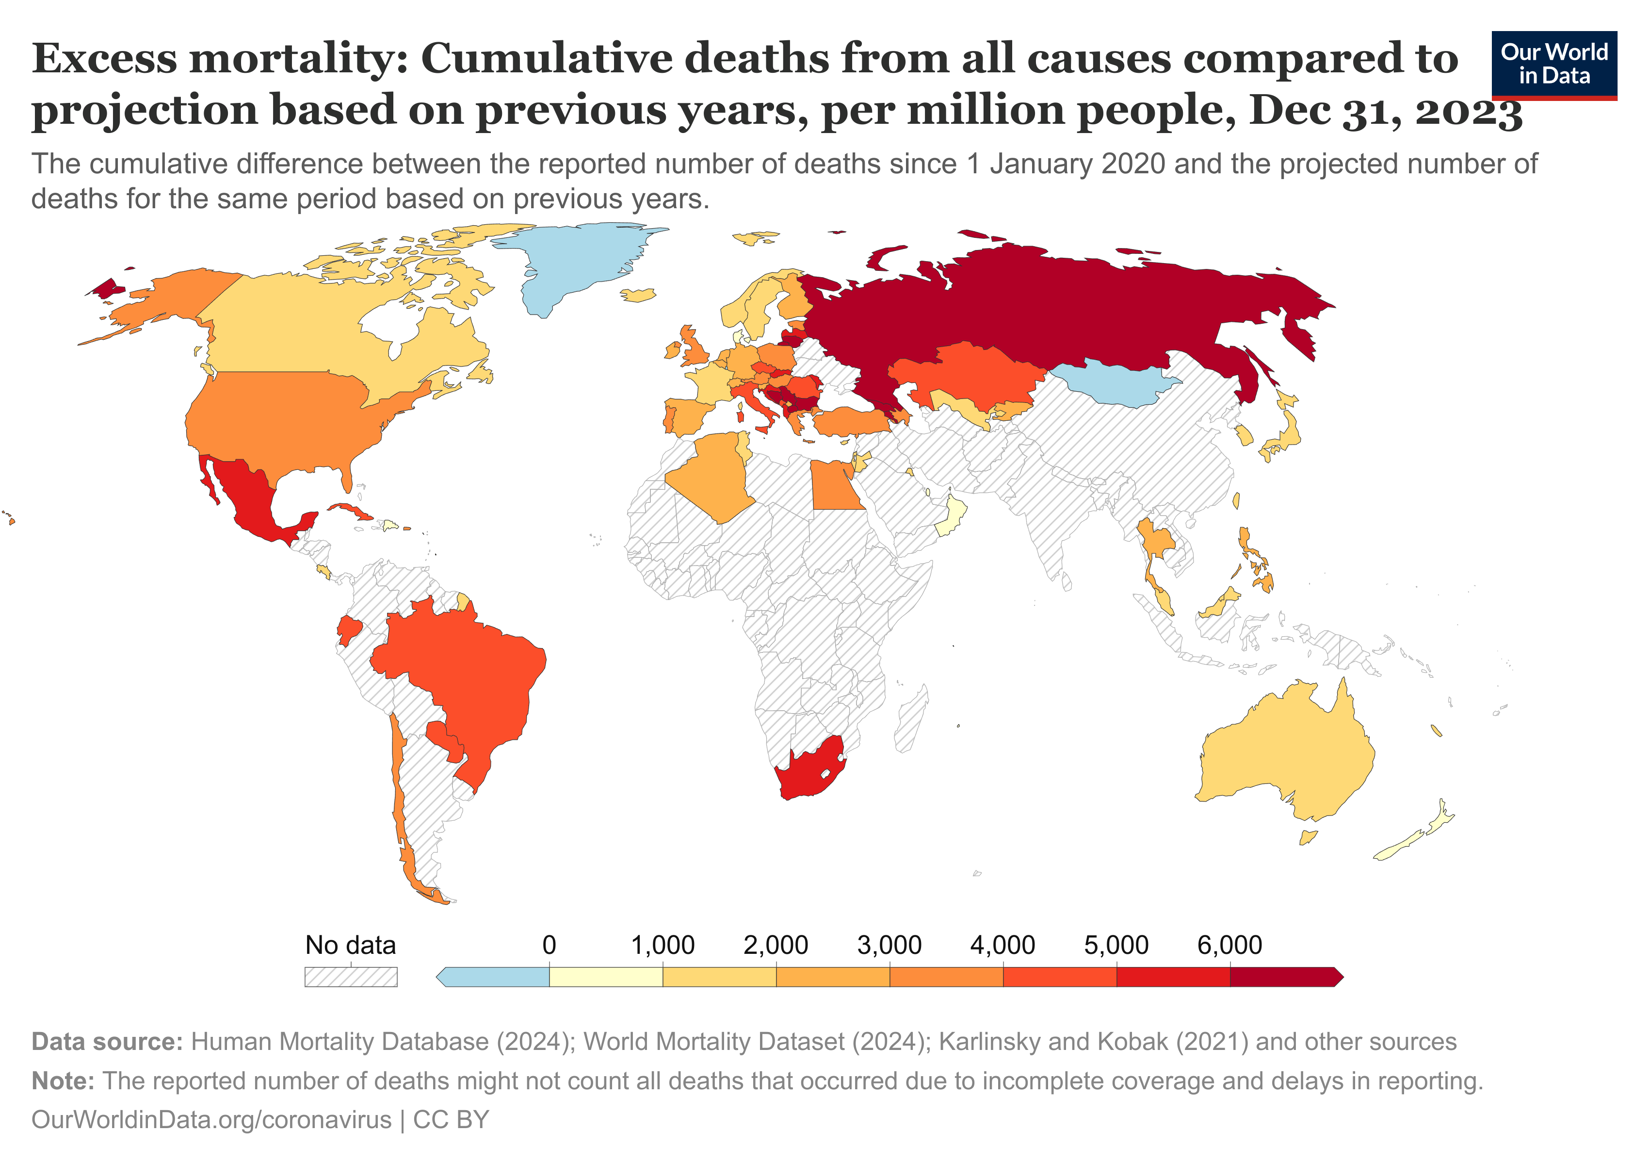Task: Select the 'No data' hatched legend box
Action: click(x=351, y=977)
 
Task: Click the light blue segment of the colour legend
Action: click(x=496, y=977)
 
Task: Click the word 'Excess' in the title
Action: click(x=104, y=59)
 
